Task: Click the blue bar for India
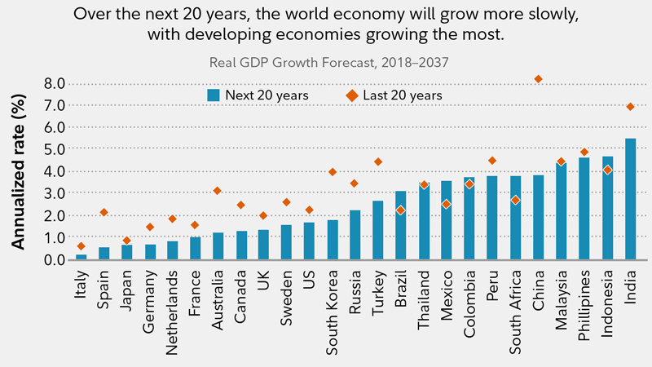pyautogui.click(x=630, y=200)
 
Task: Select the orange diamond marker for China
pyautogui.click(x=538, y=79)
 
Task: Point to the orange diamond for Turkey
pyautogui.click(x=378, y=161)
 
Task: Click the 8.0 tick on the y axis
pyautogui.click(x=55, y=83)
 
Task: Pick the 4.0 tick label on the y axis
pyautogui.click(x=55, y=172)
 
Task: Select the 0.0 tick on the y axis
pyautogui.click(x=55, y=260)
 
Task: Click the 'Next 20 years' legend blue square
pyautogui.click(x=214, y=95)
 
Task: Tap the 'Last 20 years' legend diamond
pyautogui.click(x=351, y=95)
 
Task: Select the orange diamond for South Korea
pyautogui.click(x=333, y=172)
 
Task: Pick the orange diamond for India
pyautogui.click(x=630, y=107)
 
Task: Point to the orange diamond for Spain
pyautogui.click(x=104, y=212)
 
